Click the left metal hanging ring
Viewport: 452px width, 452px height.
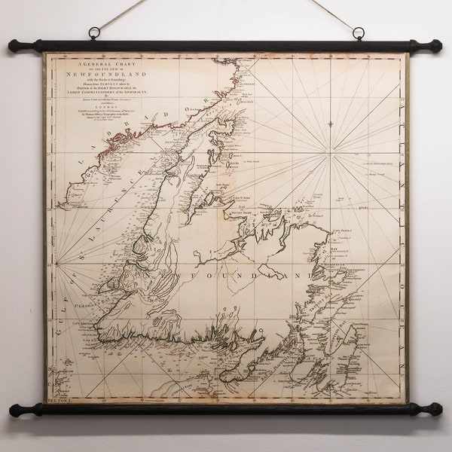[94, 34]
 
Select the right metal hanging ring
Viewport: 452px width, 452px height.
[358, 34]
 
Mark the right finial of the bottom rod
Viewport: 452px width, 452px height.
[435, 409]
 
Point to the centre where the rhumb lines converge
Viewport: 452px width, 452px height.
[329, 156]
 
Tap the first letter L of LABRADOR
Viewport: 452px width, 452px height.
[73, 195]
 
